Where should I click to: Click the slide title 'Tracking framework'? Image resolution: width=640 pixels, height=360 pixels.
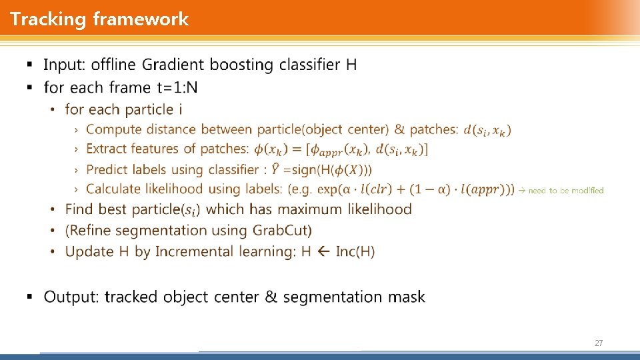point(99,19)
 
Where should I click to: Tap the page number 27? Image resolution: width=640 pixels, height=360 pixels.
point(598,343)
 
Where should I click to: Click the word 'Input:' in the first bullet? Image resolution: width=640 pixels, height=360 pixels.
point(65,65)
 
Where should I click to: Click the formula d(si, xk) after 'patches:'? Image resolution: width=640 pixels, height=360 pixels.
point(487,130)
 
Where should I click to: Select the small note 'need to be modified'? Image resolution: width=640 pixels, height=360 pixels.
point(565,191)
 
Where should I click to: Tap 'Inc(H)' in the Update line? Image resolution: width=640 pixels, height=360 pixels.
point(355,251)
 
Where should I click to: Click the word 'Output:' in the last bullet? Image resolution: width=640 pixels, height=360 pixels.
point(71,297)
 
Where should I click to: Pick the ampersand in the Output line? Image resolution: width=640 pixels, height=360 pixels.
point(271,297)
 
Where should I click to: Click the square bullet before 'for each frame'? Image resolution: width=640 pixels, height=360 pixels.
point(29,87)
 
